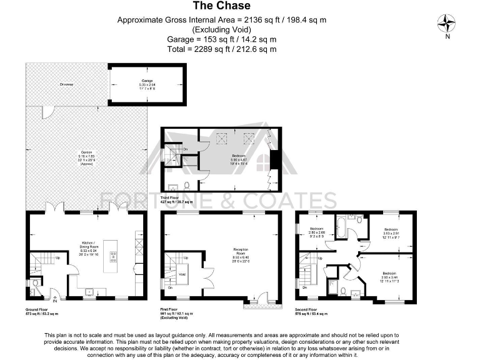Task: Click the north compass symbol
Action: click(447, 24)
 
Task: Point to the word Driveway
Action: click(67, 84)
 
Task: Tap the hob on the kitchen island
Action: click(113, 255)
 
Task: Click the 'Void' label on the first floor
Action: click(182, 274)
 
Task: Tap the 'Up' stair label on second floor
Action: click(321, 257)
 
